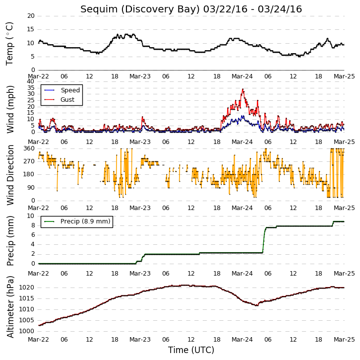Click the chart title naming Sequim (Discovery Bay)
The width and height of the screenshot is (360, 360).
pos(191,9)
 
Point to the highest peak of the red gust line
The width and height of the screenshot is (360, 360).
pos(242,89)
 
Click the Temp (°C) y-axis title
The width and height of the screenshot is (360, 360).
pos(9,44)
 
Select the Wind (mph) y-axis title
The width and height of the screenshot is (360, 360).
pos(10,109)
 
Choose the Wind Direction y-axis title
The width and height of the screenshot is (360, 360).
pos(10,175)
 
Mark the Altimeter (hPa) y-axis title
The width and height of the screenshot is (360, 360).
pos(10,307)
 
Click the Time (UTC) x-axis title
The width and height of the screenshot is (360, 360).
pos(191,350)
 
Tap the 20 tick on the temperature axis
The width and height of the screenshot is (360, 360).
pos(31,16)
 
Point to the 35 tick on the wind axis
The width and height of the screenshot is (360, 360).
pos(31,87)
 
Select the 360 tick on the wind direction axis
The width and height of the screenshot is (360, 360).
pos(29,148)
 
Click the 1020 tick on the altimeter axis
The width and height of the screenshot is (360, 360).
pos(26,288)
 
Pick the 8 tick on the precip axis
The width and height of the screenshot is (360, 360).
pos(33,225)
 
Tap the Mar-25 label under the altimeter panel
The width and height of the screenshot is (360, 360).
pos(344,340)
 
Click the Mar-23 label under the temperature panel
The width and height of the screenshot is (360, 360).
pos(140,76)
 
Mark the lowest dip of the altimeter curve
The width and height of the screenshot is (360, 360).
pos(257,305)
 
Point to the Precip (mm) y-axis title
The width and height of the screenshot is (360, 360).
pos(10,241)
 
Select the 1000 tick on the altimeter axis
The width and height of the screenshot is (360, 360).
pos(26,331)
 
